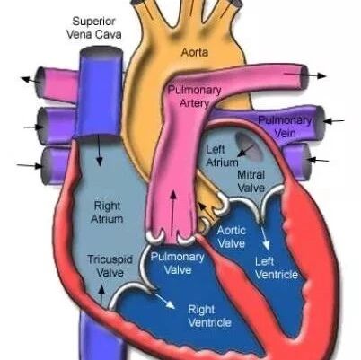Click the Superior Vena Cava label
tap(93, 28)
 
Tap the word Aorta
tap(195, 53)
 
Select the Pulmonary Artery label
tap(194, 97)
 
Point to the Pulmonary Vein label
tap(285, 127)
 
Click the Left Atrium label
tap(222, 156)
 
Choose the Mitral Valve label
tap(251, 181)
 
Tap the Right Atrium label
tap(107, 212)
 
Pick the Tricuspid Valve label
tap(110, 266)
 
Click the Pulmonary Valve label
tap(178, 263)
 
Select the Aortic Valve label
tap(232, 237)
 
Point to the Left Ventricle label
tap(277, 268)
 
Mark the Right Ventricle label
tap(209, 316)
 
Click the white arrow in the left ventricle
tap(265, 237)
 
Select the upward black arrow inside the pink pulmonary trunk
tap(173, 212)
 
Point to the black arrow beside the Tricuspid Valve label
tap(101, 296)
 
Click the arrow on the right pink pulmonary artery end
tap(305, 75)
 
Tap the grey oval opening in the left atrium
tap(249, 146)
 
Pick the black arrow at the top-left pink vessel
tap(31, 80)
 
